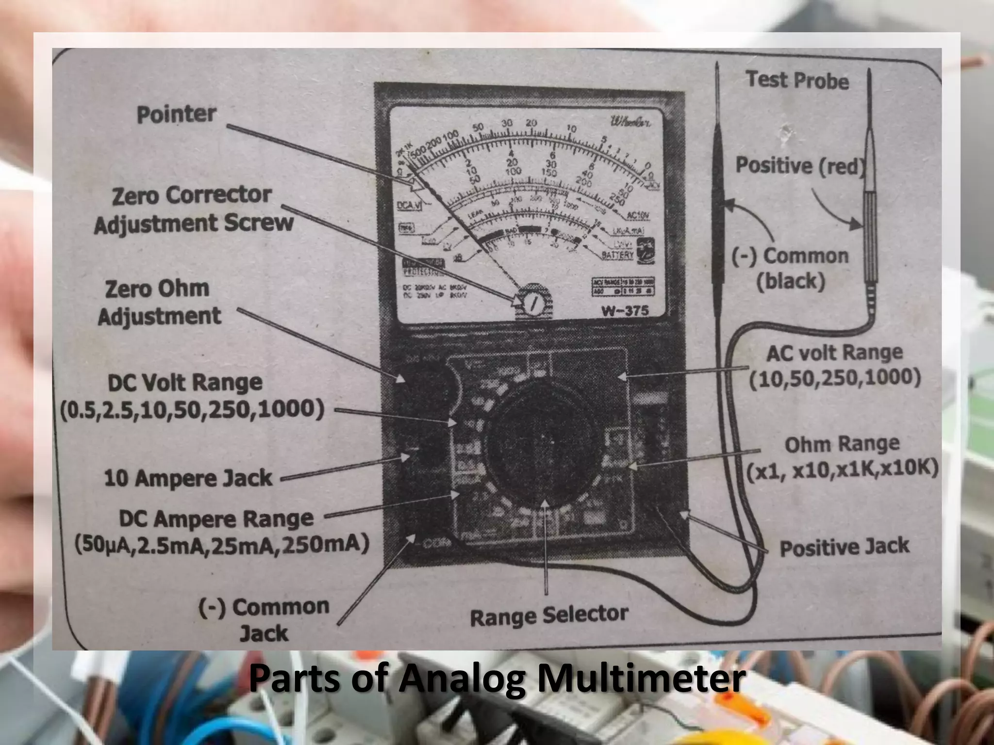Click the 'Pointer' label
(176, 114)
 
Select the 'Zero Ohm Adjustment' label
(159, 303)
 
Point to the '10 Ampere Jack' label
(188, 478)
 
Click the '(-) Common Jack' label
(264, 619)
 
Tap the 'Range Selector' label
(549, 615)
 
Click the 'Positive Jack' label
(844, 547)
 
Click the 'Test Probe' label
(797, 80)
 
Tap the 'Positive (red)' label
(801, 166)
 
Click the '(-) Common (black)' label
(791, 268)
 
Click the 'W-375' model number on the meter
(625, 311)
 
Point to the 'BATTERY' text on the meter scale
(617, 255)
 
